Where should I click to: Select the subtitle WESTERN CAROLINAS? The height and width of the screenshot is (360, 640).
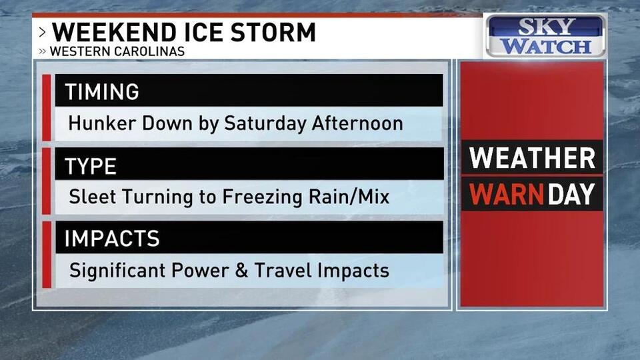[118, 51]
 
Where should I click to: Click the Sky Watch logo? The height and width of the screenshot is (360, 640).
[547, 36]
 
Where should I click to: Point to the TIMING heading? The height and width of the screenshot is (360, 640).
[101, 91]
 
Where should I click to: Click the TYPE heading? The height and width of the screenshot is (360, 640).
[91, 165]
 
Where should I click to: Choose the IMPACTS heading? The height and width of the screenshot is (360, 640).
[111, 238]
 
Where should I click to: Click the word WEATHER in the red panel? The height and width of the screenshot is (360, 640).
[532, 159]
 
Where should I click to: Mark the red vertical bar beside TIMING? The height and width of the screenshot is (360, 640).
[47, 107]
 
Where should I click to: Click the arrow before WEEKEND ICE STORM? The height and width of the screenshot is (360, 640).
[43, 32]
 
